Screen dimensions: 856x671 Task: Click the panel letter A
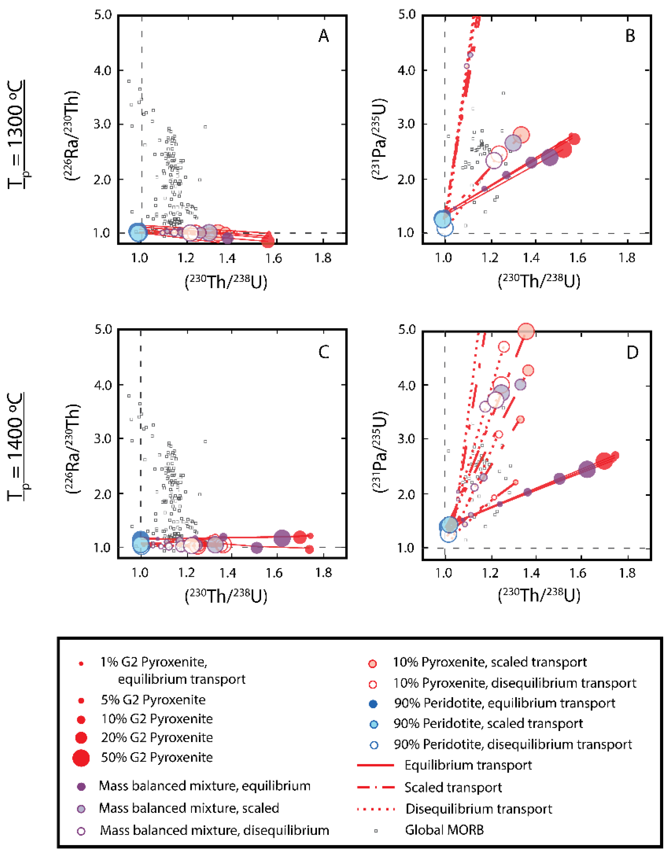(x=323, y=36)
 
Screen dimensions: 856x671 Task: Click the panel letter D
(x=632, y=352)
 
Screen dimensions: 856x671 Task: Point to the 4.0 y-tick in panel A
(x=103, y=70)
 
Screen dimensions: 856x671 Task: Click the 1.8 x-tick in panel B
(x=627, y=258)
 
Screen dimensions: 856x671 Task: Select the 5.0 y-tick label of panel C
(x=103, y=329)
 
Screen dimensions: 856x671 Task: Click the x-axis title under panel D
(x=539, y=595)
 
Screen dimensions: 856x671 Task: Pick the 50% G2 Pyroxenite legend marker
(x=81, y=757)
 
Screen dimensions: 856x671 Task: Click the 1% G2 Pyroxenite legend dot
(x=81, y=664)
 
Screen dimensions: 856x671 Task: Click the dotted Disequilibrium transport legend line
(x=376, y=809)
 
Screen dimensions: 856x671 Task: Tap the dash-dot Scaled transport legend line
(x=376, y=787)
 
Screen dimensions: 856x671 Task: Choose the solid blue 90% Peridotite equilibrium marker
(x=374, y=704)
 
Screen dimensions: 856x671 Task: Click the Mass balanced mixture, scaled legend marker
(x=81, y=809)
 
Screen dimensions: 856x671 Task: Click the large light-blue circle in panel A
(x=138, y=232)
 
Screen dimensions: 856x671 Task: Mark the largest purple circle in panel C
(x=282, y=538)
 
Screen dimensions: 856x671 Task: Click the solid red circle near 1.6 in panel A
(x=268, y=241)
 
